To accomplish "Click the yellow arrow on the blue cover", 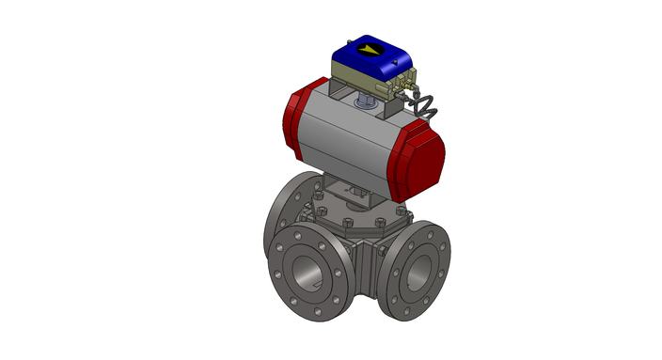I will point(365,49).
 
